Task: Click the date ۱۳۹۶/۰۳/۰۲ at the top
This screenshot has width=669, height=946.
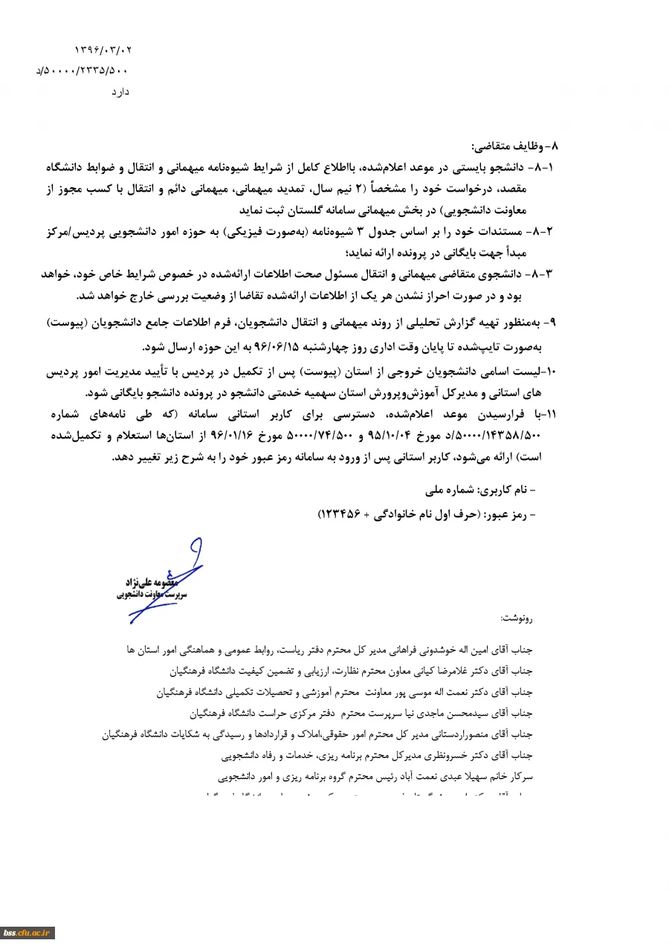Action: (103, 50)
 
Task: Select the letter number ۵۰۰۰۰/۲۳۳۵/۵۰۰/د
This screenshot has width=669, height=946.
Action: (82, 71)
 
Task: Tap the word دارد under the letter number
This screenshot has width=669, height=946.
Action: (120, 91)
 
